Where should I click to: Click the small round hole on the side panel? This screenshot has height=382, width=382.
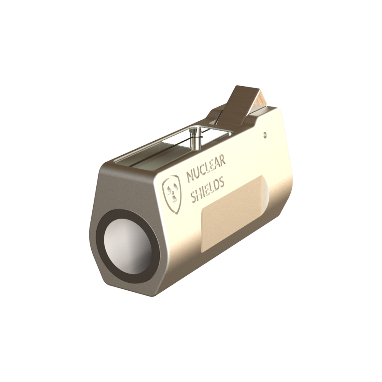pyautogui.click(x=265, y=135)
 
